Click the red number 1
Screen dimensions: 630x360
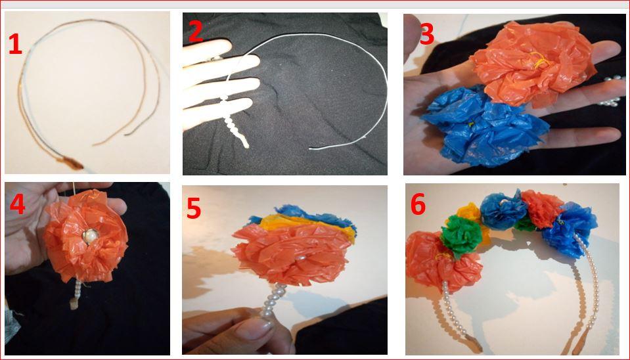point(15,44)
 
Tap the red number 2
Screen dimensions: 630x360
point(196,32)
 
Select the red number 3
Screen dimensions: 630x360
point(427,34)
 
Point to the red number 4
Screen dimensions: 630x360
point(17,204)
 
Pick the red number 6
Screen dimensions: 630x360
point(418,205)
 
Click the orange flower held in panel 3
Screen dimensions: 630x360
point(532,64)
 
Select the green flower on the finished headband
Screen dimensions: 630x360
point(461,235)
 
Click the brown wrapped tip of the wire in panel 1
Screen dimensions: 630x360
point(72,162)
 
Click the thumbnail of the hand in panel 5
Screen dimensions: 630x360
point(252,330)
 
